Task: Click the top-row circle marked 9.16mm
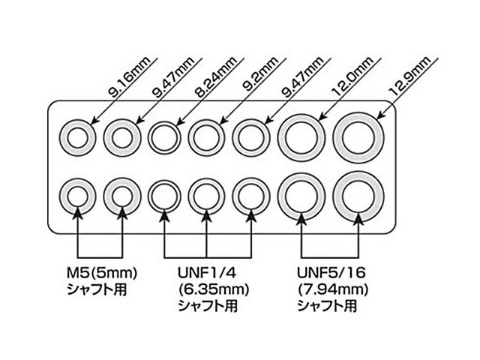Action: coord(76,137)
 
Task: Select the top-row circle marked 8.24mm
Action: coord(163,137)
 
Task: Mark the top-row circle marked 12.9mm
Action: coord(358,136)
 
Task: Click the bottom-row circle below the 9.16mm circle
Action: coord(76,197)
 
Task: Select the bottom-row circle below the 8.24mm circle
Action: coord(163,197)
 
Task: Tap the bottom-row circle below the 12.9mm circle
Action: coord(358,196)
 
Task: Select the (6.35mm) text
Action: coord(211,289)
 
